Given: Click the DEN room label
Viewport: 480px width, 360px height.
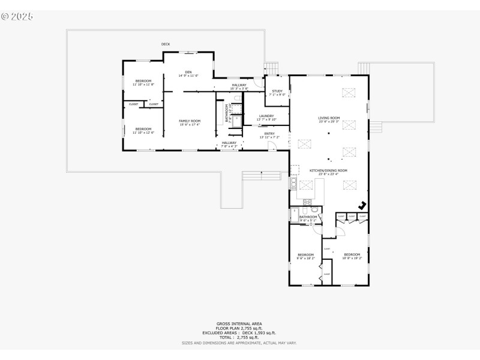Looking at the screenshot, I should tap(188, 73).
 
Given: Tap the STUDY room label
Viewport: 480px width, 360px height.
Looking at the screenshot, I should tap(277, 91).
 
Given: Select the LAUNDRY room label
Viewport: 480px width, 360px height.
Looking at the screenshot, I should tap(266, 116).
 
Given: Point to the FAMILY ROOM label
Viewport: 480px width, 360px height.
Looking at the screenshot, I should tap(190, 121).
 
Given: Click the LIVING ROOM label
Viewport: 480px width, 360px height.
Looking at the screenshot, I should tap(329, 118).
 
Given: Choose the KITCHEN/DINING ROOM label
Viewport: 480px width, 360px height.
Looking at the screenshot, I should tap(328, 170).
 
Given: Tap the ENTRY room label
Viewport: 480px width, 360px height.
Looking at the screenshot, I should tap(269, 134).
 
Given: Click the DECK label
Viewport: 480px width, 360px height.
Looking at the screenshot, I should tap(166, 44).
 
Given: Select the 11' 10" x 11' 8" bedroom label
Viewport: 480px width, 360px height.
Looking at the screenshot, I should tap(143, 81).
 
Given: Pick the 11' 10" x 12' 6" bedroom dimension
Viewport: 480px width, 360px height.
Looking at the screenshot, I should tap(143, 132).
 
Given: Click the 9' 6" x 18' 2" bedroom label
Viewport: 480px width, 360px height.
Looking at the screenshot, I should tap(305, 257).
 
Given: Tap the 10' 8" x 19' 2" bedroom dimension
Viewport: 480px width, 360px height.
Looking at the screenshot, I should tap(352, 257).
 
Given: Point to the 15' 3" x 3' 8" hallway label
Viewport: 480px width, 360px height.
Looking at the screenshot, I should tap(239, 88).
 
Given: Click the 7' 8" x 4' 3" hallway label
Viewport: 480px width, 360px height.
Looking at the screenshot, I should tap(229, 146).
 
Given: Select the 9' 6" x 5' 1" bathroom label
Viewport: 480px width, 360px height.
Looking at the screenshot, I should tap(308, 220).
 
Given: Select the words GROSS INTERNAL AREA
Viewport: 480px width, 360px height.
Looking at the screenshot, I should tap(239, 323).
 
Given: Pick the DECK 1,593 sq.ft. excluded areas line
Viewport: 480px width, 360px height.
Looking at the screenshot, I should tap(239, 332).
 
